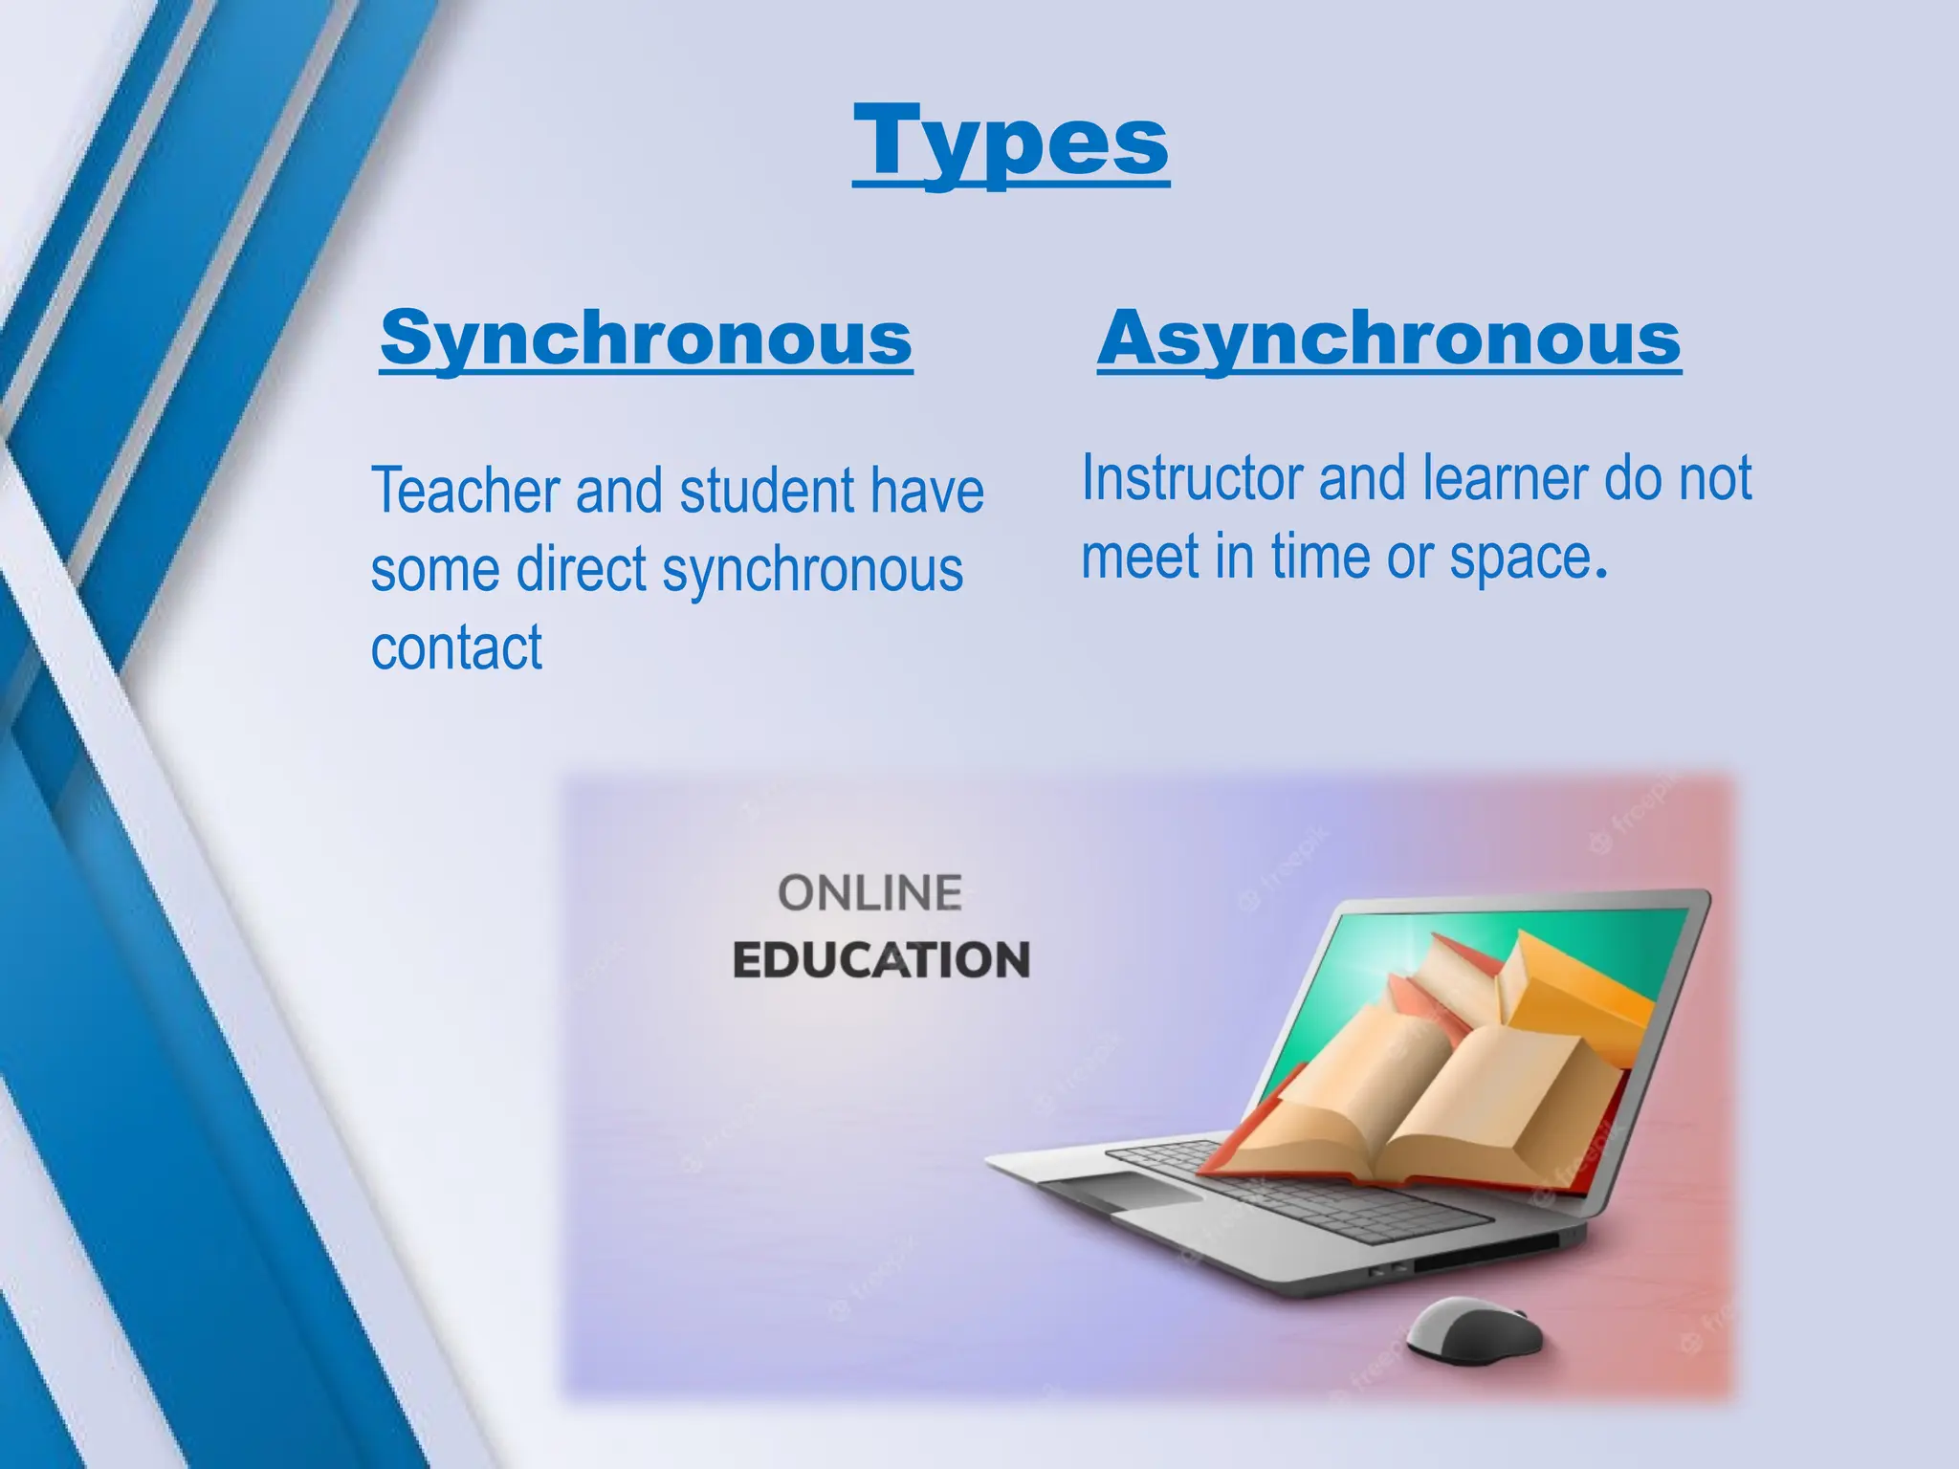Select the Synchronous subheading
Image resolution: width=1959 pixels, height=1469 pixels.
pos(647,339)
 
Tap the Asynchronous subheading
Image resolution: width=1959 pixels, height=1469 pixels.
pos(1389,339)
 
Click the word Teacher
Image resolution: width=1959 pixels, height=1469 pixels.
pos(465,491)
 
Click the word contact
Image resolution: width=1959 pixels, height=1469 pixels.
pos(456,647)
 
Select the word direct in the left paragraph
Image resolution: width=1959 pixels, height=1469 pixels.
pos(582,570)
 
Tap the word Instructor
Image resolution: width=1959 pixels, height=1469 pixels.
pos(1192,478)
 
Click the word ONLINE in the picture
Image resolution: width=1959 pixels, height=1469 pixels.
pos(869,893)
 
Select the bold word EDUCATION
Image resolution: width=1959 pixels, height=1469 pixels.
pos(881,960)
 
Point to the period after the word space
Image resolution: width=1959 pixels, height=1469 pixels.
pos(1600,575)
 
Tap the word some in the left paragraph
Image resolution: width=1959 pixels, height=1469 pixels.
pos(435,570)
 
